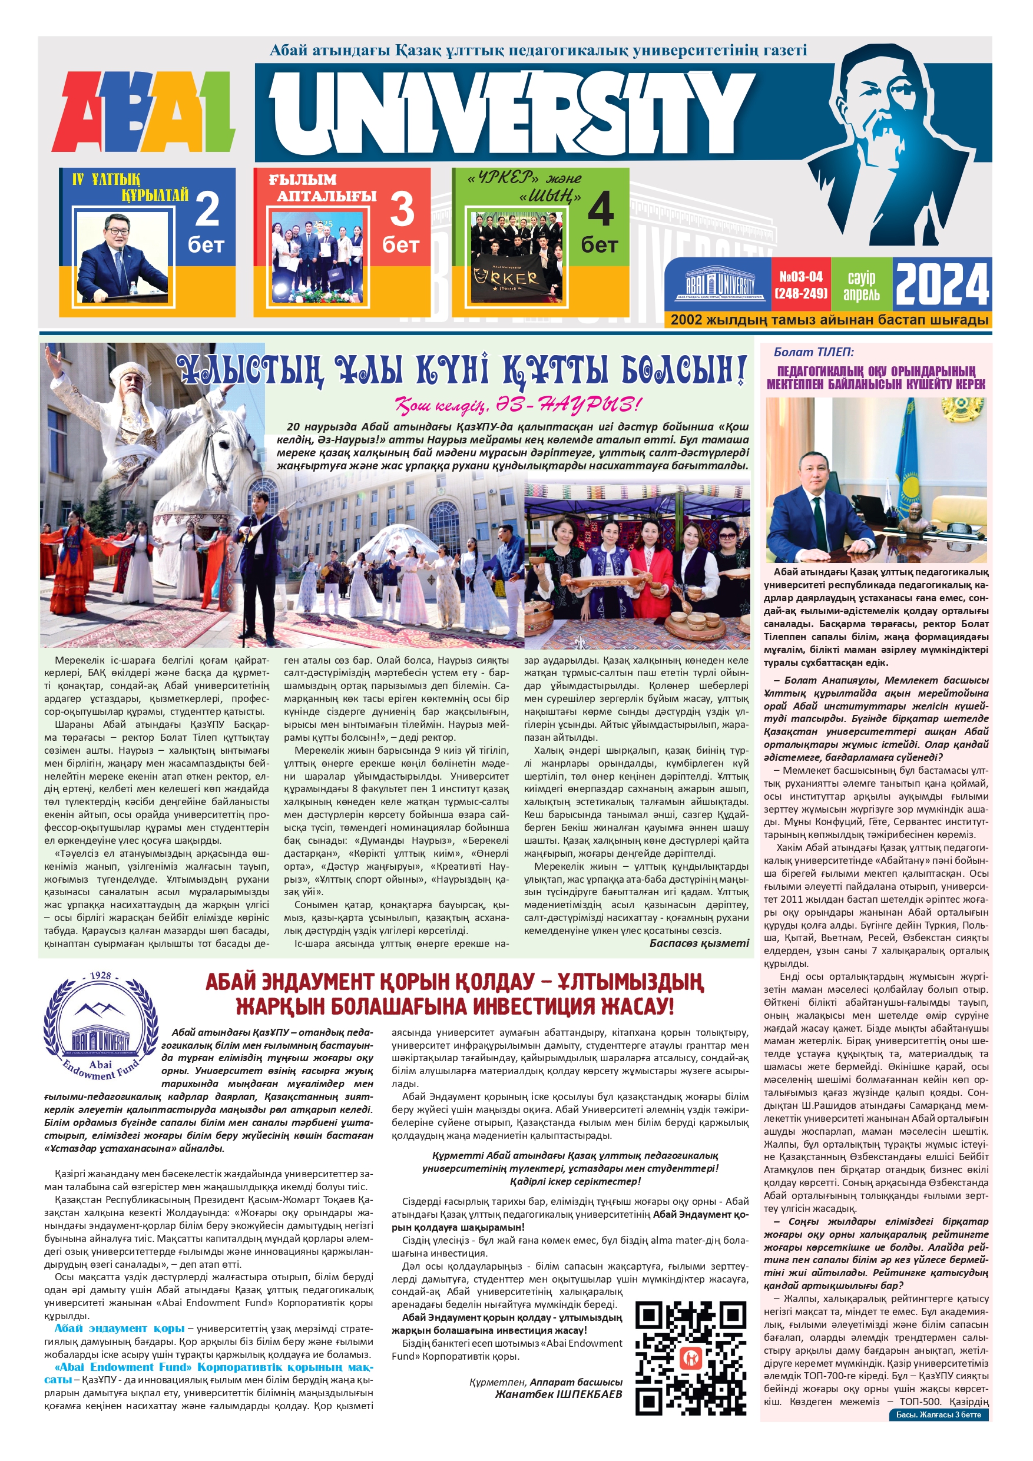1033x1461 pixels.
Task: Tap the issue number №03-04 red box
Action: pos(801,284)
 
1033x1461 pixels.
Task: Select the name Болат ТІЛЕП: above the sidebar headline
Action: pos(813,352)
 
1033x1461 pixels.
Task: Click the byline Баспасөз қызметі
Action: pos(699,943)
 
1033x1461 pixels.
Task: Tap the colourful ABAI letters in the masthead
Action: pos(144,112)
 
